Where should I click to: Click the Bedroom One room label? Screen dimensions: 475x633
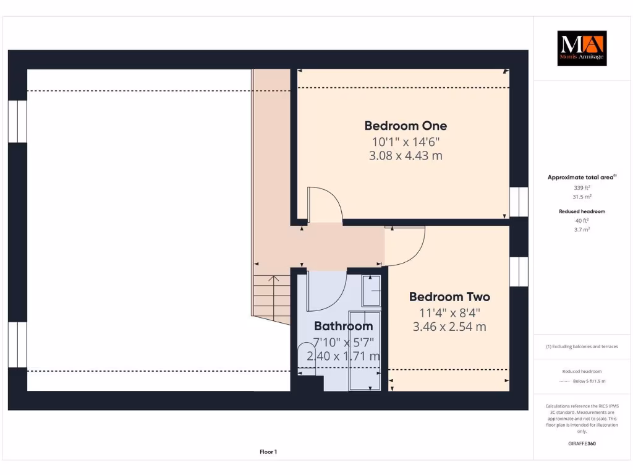pos(406,126)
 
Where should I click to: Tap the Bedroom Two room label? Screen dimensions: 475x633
pos(449,296)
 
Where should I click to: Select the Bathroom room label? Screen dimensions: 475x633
pos(343,326)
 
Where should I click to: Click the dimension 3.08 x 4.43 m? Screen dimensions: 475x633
pos(406,156)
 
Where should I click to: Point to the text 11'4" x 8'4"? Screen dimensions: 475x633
pos(449,313)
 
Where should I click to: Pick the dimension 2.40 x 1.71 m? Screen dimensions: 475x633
pos(343,356)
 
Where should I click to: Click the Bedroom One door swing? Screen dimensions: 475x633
pos(325,204)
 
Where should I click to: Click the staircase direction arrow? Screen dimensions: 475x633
pos(273,291)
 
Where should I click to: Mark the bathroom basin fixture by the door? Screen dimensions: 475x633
pos(372,291)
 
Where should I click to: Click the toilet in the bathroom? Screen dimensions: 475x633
pos(307,356)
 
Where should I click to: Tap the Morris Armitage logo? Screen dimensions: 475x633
pos(582,48)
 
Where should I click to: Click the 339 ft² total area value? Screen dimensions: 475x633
pos(582,187)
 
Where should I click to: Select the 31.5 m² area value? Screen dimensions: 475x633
pos(582,197)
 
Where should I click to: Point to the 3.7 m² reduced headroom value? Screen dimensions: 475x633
pos(582,229)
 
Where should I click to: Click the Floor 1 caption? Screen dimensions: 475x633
pos(268,452)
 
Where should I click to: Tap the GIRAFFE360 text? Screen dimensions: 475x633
pos(582,443)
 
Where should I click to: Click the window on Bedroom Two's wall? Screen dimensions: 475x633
pos(519,272)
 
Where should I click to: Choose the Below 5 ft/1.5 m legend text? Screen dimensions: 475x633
pos(589,381)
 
